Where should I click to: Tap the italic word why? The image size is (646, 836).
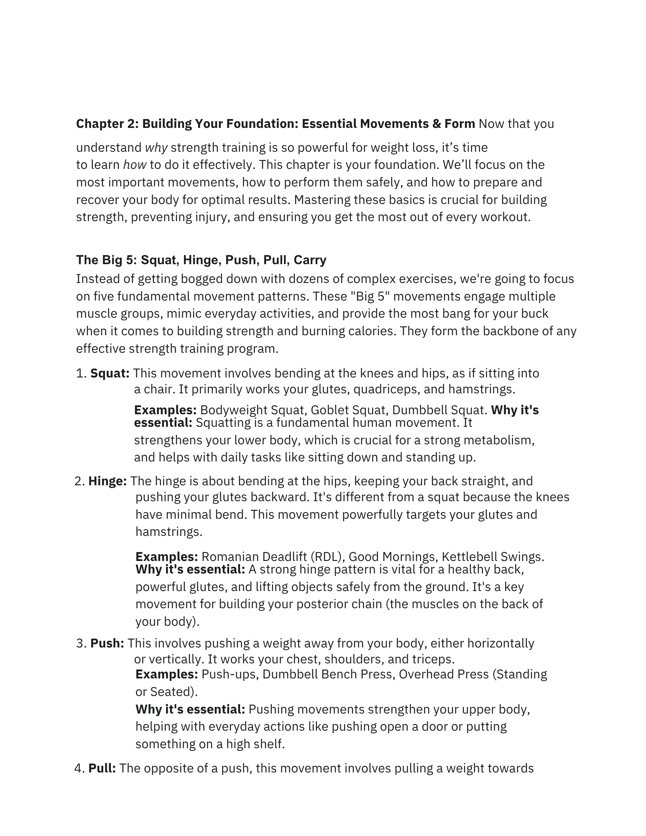(x=156, y=148)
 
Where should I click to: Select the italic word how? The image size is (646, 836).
(x=135, y=165)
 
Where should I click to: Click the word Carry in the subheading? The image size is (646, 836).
(x=310, y=260)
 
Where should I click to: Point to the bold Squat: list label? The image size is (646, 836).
(x=110, y=373)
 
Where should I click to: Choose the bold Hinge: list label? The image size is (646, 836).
(x=107, y=481)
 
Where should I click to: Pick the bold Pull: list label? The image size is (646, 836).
(x=102, y=768)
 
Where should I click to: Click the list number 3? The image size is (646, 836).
(x=81, y=643)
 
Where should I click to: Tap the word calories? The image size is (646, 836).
(x=372, y=331)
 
